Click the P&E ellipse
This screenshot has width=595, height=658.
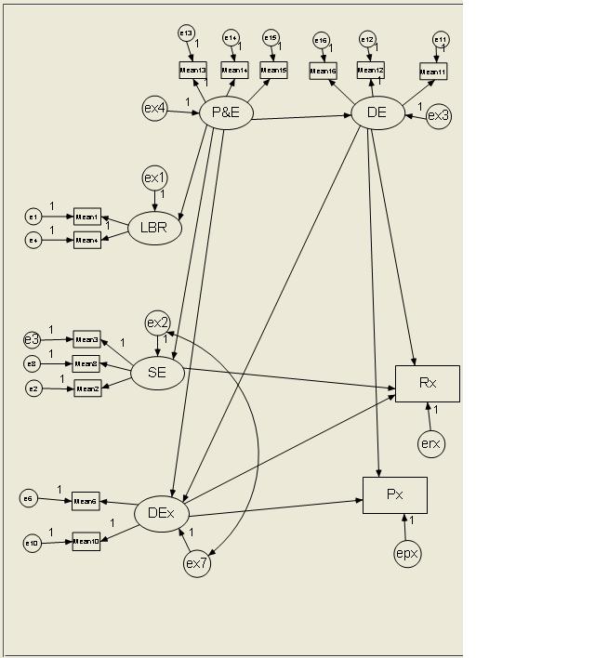[227, 113]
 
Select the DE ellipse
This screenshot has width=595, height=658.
[377, 113]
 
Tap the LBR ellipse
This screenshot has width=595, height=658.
[154, 228]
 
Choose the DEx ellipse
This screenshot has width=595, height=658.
[162, 513]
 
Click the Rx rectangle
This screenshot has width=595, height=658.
[428, 383]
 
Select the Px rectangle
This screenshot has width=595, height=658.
[395, 494]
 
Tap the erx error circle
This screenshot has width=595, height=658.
[430, 444]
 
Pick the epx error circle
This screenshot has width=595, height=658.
[407, 554]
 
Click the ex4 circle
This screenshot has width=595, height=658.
[154, 109]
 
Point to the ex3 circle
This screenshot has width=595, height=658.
[439, 116]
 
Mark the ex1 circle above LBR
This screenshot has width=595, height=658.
[154, 178]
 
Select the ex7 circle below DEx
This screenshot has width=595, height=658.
[197, 563]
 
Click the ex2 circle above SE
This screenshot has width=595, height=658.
[158, 322]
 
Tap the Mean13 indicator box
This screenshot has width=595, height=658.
[192, 70]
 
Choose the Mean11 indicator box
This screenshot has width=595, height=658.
[433, 72]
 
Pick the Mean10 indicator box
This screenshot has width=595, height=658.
[86, 542]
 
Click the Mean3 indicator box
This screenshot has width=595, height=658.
[87, 340]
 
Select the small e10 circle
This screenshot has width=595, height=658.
[33, 543]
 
